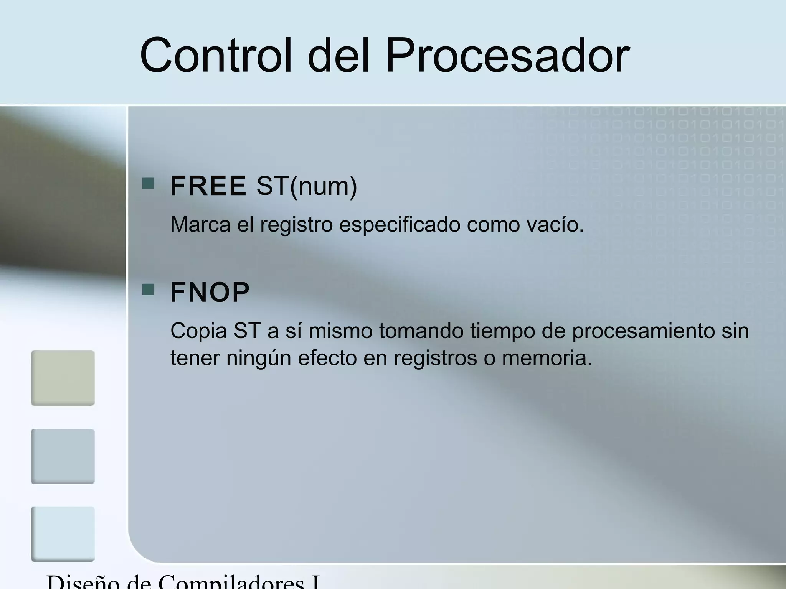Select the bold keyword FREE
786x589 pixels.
208,186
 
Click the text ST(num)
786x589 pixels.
307,186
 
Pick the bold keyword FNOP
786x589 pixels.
210,293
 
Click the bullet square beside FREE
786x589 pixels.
148,183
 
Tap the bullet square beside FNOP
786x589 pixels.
148,290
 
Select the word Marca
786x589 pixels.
200,224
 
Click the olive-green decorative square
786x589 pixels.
63,378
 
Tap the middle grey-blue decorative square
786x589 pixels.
63,456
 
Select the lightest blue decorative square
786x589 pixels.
63,534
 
